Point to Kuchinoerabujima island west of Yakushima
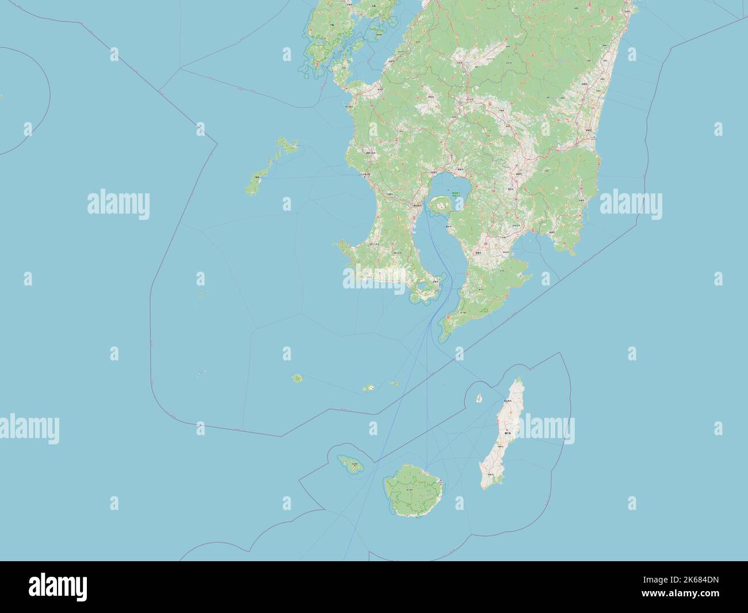click(349, 464)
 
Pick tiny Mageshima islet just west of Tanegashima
click(479, 398)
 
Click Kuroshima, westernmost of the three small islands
click(297, 378)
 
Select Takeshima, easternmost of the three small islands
click(395, 383)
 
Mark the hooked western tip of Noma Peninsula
click(339, 246)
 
